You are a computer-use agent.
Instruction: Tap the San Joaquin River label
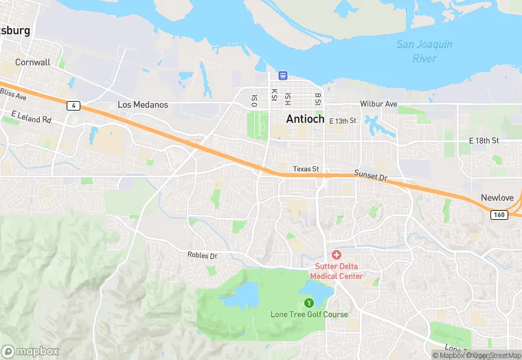pyautogui.click(x=424, y=52)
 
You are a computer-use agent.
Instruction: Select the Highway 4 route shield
pyautogui.click(x=72, y=105)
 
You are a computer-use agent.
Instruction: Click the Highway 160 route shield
pyautogui.click(x=499, y=215)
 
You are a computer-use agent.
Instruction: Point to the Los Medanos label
pyautogui.click(x=143, y=105)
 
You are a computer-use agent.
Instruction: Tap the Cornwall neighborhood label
pyautogui.click(x=32, y=62)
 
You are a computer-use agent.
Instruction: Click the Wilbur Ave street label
pyautogui.click(x=378, y=104)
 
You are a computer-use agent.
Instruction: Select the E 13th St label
pyautogui.click(x=343, y=121)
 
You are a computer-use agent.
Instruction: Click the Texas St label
pyautogui.click(x=306, y=169)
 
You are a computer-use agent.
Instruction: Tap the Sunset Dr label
pyautogui.click(x=371, y=176)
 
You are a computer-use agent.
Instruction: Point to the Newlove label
pyautogui.click(x=497, y=197)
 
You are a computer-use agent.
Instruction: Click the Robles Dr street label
pyautogui.click(x=202, y=256)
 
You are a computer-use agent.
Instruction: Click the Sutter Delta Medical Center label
pyautogui.click(x=339, y=271)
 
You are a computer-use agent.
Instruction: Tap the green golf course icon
pyautogui.click(x=308, y=302)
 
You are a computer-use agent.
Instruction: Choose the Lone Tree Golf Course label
pyautogui.click(x=308, y=315)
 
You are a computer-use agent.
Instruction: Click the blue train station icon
pyautogui.click(x=282, y=75)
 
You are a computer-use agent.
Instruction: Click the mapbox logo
pyautogui.click(x=31, y=350)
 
